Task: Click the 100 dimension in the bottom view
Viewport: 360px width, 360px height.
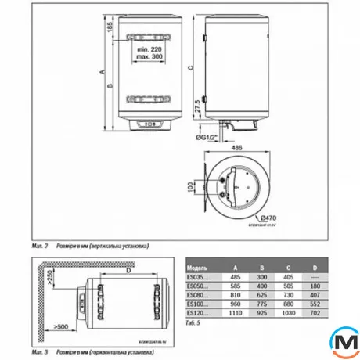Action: pyautogui.click(x=189, y=189)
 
